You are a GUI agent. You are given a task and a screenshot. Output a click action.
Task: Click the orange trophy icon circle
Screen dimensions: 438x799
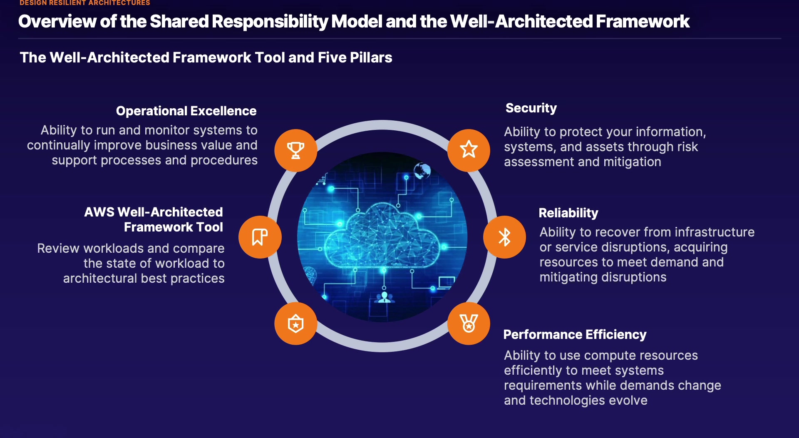pyautogui.click(x=295, y=150)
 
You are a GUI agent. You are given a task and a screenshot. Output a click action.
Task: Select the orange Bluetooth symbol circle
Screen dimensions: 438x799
pyautogui.click(x=504, y=237)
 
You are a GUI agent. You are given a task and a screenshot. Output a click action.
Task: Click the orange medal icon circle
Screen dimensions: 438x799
pyautogui.click(x=469, y=324)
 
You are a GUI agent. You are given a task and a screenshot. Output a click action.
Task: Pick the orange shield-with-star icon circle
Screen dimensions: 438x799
pyautogui.click(x=295, y=324)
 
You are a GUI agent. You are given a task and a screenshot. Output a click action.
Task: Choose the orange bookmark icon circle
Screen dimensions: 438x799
pyautogui.click(x=260, y=237)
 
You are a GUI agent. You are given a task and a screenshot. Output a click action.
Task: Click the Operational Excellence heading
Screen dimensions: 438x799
pyautogui.click(x=186, y=111)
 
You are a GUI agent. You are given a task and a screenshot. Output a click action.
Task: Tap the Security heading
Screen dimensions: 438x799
pyautogui.click(x=531, y=108)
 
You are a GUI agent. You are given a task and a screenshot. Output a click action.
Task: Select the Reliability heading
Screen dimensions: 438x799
pyautogui.click(x=568, y=213)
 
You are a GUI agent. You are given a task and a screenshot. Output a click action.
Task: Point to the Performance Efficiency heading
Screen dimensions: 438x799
pyautogui.click(x=575, y=335)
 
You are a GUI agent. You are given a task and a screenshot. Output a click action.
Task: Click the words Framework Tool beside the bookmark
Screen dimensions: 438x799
pyautogui.click(x=173, y=227)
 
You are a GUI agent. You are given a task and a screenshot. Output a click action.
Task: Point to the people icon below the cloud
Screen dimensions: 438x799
pyautogui.click(x=384, y=297)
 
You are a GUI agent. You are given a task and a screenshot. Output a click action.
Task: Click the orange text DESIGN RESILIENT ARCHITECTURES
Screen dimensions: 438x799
pyautogui.click(x=85, y=3)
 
